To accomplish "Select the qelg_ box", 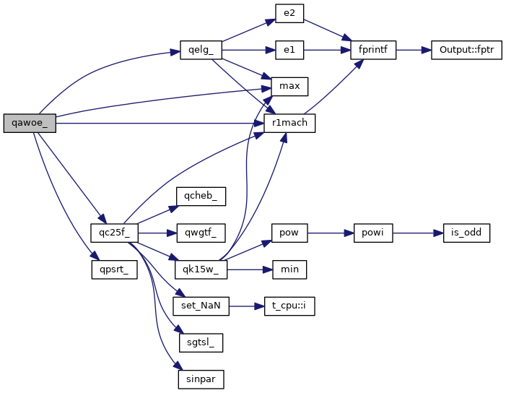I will [200, 51].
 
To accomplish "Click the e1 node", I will [289, 51].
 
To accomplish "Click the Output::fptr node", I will [466, 51].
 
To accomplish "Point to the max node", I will [289, 87].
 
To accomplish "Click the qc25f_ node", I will [114, 233].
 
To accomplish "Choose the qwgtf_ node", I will [201, 233].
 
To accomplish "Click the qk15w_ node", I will [201, 269].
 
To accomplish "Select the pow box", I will [289, 233].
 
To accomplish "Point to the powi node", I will [373, 233].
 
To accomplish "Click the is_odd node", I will [462, 233].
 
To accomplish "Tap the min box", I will [289, 269].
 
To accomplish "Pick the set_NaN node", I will [201, 306].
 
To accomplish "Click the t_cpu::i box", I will [289, 306].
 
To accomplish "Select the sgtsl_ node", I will [201, 342].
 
